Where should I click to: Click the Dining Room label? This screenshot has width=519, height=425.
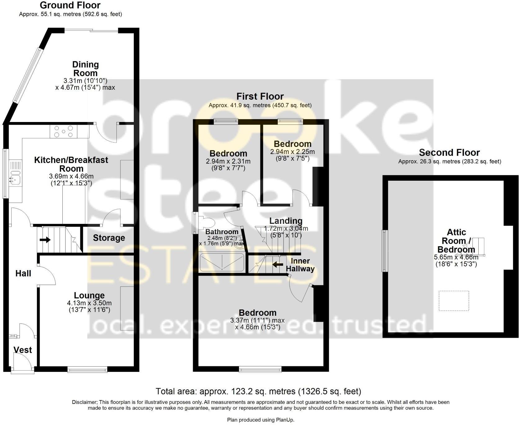coord(85,69)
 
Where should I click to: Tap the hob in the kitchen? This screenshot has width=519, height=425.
coord(64,131)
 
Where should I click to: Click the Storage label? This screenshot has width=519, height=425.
coord(109,238)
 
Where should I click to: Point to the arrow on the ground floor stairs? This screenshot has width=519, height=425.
coord(45,240)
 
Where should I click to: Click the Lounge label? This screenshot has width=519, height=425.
coord(89,296)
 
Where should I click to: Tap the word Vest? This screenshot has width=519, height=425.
coord(23,350)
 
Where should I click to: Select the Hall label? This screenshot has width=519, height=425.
coord(23,274)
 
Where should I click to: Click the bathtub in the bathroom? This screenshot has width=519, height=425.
coord(222,262)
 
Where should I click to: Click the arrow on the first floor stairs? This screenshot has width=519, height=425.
coord(278,264)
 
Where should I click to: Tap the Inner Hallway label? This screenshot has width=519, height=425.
coord(300,265)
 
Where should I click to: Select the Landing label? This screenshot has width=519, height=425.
coord(286,221)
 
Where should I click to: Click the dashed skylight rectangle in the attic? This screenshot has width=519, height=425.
coord(454,301)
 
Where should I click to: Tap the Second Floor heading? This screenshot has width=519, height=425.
coord(449,153)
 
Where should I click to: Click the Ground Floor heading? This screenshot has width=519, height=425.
coord(70,5)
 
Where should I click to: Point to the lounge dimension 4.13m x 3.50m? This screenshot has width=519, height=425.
coord(89,303)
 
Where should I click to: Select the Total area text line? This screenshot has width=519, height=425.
coord(258,391)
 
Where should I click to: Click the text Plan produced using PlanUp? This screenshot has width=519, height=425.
coord(260,420)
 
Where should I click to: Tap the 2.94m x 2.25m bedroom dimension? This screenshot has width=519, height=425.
coord(292,152)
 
